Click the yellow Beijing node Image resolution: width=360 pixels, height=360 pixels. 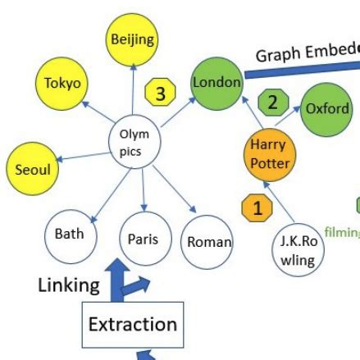point(132,40)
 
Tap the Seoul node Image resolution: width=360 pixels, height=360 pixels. point(33,170)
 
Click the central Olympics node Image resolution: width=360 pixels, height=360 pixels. point(134,140)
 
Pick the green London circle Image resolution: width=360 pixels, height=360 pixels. point(216,82)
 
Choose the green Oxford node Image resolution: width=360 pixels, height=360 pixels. point(326,109)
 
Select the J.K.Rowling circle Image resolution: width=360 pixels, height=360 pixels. point(298,250)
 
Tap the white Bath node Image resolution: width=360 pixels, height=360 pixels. point(69,235)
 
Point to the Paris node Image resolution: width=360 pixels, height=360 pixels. point(143,239)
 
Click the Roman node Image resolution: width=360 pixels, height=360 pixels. point(207,242)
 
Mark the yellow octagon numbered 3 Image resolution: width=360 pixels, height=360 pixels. point(160,93)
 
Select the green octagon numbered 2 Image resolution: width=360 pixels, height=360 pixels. point(274,103)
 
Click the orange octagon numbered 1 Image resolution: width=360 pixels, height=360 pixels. point(257,208)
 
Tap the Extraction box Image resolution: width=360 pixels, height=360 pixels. point(132,323)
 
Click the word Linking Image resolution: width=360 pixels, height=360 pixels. point(69,285)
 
